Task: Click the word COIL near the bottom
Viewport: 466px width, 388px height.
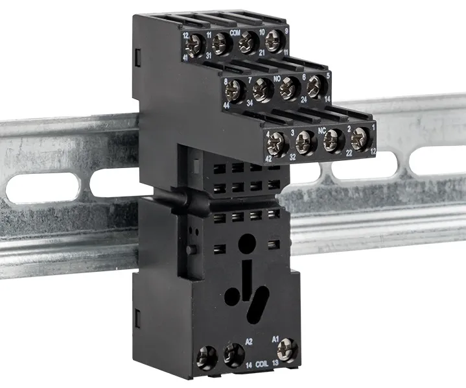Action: click(262, 365)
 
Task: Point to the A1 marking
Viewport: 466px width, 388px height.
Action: click(275, 339)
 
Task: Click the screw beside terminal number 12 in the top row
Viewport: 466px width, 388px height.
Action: click(194, 45)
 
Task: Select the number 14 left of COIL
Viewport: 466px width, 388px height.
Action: click(248, 365)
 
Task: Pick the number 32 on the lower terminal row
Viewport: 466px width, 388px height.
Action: click(293, 156)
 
